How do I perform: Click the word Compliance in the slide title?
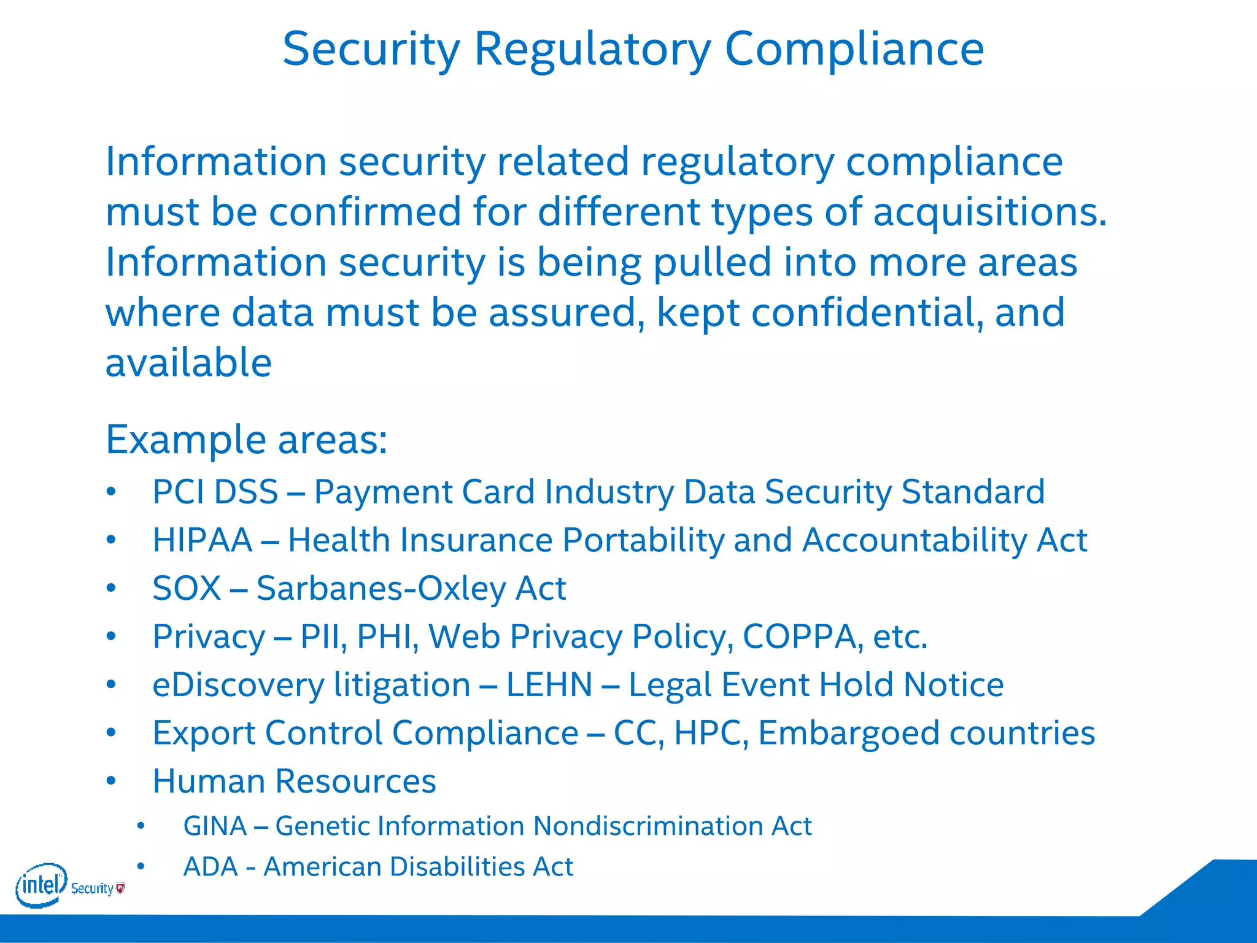coord(854,49)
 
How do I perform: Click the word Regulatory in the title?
coord(592,49)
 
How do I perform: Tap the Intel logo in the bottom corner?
coord(41,885)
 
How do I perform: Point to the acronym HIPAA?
coord(203,540)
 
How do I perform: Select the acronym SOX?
coord(187,588)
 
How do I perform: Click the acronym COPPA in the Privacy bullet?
coord(799,636)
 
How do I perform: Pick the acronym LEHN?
coord(549,685)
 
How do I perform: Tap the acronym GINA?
coord(215,826)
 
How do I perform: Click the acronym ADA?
coord(211,867)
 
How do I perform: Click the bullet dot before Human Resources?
coord(111,781)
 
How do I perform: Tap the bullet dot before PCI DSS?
coord(111,492)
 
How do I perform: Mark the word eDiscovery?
coord(238,685)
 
